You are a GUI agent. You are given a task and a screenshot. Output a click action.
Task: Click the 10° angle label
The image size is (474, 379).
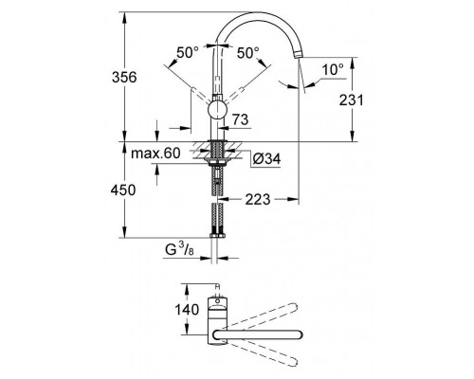[331, 69]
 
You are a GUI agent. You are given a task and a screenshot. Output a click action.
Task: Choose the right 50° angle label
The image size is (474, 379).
[249, 53]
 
